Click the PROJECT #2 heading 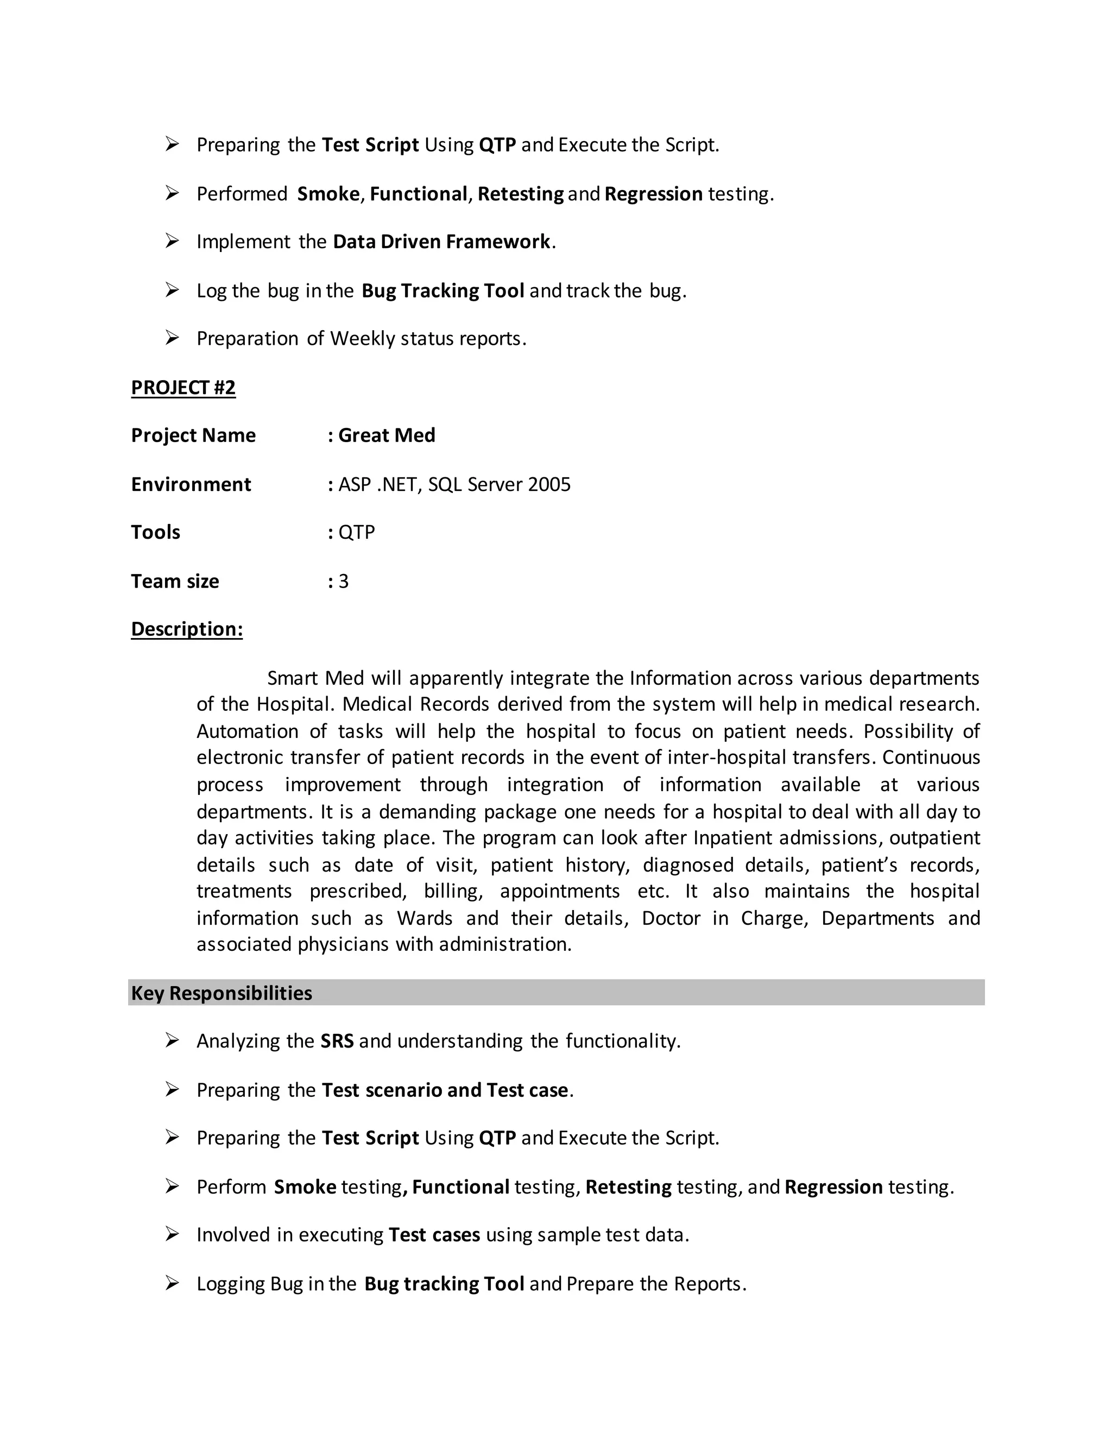coord(183,387)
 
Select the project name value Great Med coord(386,436)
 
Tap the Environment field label coord(191,484)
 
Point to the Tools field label coord(155,532)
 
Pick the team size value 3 coord(343,581)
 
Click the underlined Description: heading coord(186,629)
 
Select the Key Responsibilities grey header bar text coord(222,993)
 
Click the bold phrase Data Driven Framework coord(441,242)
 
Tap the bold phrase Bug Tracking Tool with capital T coord(443,291)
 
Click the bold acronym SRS coord(337,1041)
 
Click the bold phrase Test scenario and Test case coord(445,1090)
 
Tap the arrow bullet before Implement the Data coord(172,241)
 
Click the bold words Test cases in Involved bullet coord(434,1235)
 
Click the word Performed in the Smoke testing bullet coord(242,194)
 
